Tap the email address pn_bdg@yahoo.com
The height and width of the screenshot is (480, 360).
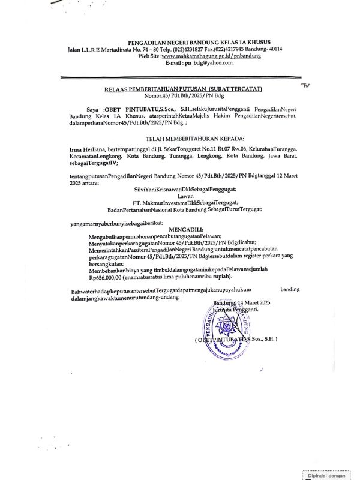(191, 62)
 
